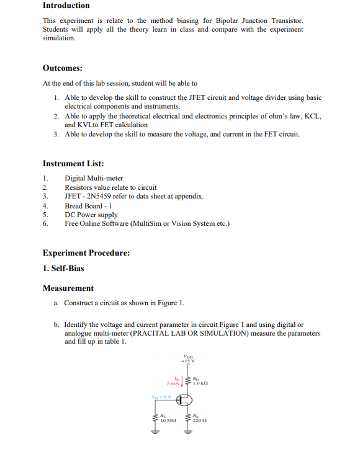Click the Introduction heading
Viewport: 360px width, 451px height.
[x=66, y=6]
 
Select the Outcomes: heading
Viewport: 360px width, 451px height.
[x=63, y=68]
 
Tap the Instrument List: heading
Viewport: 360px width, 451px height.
[x=73, y=164]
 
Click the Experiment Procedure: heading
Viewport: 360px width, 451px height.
[x=86, y=253]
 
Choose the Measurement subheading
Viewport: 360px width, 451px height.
[x=68, y=288]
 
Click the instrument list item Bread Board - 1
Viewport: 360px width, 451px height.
[x=88, y=206]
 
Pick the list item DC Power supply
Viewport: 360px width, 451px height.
[x=91, y=215]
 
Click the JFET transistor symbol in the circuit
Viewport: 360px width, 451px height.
[x=184, y=400]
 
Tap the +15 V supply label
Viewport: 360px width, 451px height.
[x=189, y=360]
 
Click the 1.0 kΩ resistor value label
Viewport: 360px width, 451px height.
[x=200, y=383]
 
